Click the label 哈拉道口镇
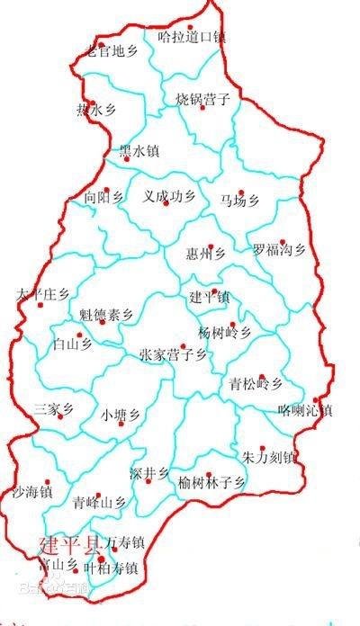point(192,38)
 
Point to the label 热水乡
point(96,111)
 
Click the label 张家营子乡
point(174,356)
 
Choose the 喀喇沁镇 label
point(306,411)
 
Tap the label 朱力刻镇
point(269,457)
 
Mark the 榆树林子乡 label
point(212,483)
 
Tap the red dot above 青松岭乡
point(261,377)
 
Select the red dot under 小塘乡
point(120,424)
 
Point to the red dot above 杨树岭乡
point(232,324)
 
